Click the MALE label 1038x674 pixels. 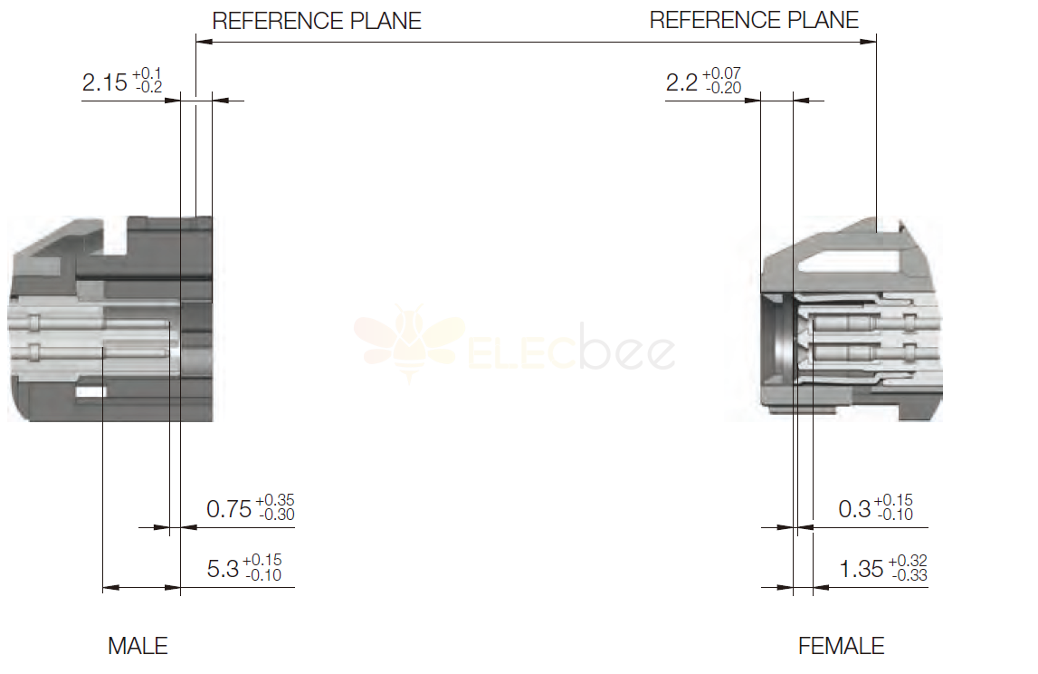[138, 646]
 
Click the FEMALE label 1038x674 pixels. [841, 646]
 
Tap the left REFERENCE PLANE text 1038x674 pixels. [317, 21]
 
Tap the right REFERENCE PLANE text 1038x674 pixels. [754, 20]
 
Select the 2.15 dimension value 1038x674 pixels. [105, 82]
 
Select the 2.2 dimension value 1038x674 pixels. [681, 82]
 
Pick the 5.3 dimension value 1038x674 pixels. [223, 569]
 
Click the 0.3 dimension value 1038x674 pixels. [854, 509]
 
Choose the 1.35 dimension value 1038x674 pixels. [862, 569]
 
